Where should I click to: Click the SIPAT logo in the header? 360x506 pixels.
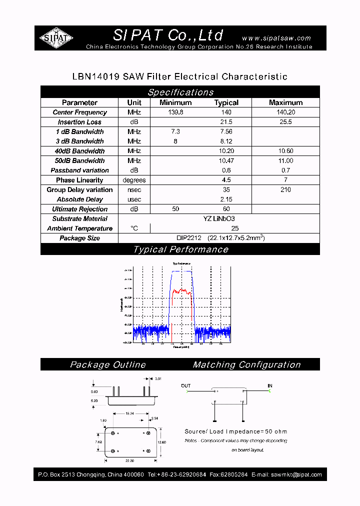point(56,38)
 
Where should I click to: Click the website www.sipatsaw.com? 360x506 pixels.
point(276,38)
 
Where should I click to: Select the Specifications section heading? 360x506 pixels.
point(180,92)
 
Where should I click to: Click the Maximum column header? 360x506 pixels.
point(285,102)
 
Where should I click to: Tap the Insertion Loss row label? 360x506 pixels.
point(79,122)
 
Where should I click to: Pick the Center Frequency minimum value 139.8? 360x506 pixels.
point(175,112)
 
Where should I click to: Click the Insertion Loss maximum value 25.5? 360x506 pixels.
point(285,122)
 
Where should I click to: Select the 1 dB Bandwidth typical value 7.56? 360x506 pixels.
point(226,131)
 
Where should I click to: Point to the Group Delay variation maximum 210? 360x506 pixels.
point(285,189)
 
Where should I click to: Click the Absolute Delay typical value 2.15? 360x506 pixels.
point(226,199)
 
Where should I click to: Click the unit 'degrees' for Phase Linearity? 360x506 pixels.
point(134,180)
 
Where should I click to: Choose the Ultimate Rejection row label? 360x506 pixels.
point(79,209)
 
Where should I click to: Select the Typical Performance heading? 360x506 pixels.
point(180,249)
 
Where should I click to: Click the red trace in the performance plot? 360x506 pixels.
point(180,291)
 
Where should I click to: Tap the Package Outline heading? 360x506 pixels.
point(107,365)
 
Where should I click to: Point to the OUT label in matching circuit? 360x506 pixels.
point(185,386)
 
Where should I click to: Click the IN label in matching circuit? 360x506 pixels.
point(270,386)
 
